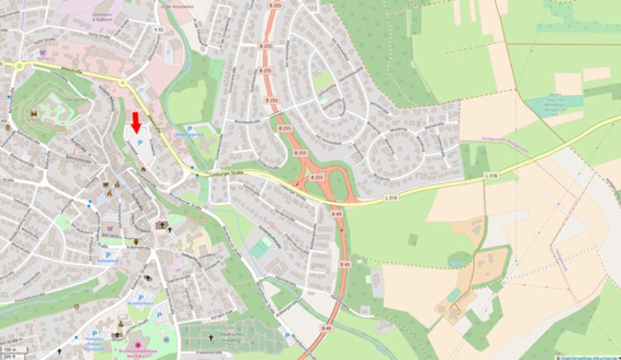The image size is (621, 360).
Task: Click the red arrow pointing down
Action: pos(136,122)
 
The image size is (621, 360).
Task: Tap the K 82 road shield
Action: pos(158,29)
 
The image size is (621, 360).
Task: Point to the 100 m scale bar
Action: pos(10,350)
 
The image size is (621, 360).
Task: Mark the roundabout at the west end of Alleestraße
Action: pos(18,66)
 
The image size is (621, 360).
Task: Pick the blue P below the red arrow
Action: pos(141,142)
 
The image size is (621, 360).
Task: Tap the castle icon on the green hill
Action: pos(34,114)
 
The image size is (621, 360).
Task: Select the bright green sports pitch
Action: pos(260,248)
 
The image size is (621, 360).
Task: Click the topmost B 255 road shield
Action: pos(275,6)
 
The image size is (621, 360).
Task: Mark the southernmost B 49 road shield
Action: pos(326,328)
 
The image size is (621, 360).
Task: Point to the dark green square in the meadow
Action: pos(412,239)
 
